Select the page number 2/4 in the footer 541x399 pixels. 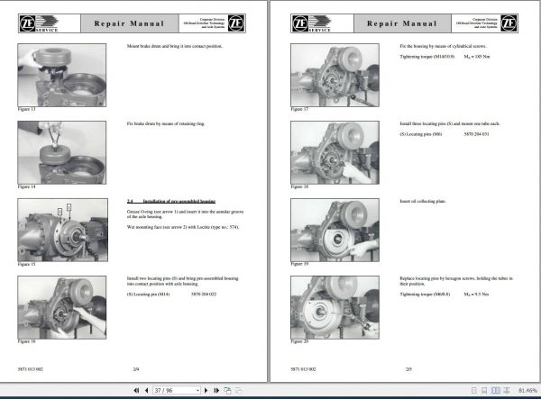135,370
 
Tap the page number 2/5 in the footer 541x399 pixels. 408,370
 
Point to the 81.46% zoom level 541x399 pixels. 522,390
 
